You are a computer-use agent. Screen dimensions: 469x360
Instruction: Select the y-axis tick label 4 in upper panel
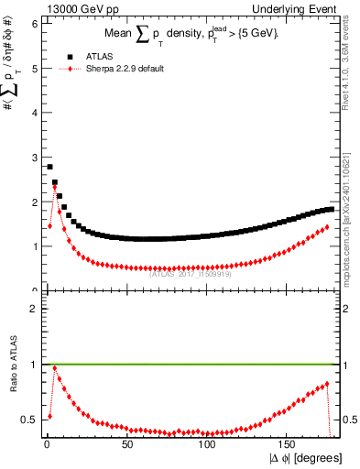pyautogui.click(x=33, y=113)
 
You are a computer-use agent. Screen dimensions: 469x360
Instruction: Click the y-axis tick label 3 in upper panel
pyautogui.click(x=33, y=157)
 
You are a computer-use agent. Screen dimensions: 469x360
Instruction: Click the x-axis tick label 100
pyautogui.click(x=206, y=443)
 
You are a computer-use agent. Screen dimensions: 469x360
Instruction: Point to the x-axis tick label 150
pyautogui.click(x=287, y=443)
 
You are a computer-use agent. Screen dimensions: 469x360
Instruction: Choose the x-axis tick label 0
pyautogui.click(x=45, y=443)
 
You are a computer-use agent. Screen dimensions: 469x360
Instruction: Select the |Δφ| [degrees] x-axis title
pyautogui.click(x=305, y=457)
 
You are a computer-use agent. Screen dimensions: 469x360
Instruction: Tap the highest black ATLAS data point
pyautogui.click(x=49, y=167)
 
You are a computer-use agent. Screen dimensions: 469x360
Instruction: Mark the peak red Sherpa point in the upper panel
pyautogui.click(x=54, y=187)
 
